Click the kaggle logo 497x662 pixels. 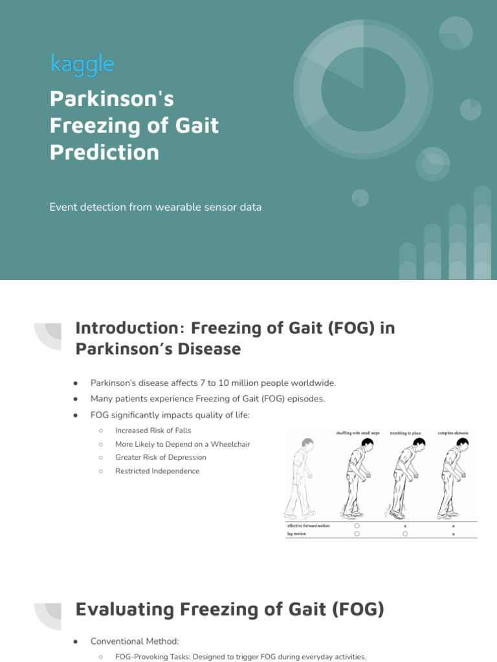tap(82, 64)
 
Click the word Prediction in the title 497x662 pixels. tap(104, 153)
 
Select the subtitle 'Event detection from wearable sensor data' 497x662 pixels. tap(155, 208)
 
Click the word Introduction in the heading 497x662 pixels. tap(123, 328)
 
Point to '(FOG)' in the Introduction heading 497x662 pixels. tap(353, 328)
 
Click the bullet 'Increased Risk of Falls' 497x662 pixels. tap(153, 430)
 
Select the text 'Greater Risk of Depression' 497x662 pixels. tap(160, 457)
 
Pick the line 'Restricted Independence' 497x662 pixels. tap(157, 471)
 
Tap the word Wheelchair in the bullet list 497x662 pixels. tap(228, 444)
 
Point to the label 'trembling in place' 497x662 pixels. tap(405, 432)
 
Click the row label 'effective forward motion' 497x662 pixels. tap(309, 526)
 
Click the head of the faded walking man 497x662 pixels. tap(307, 445)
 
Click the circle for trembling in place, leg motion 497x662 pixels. tap(405, 535)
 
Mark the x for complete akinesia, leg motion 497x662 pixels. tap(453, 535)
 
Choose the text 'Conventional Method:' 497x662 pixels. tap(135, 641)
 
